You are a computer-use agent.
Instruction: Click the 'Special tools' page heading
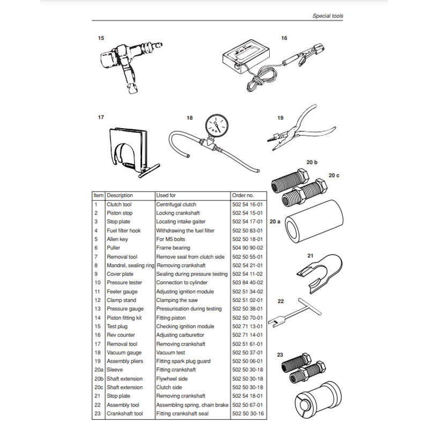coord(328,16)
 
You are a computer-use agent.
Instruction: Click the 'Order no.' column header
coord(242,196)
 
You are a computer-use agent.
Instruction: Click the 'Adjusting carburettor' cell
coord(180,335)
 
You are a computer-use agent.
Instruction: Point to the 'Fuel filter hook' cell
coord(124,231)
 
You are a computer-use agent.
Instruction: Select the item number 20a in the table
coord(98,370)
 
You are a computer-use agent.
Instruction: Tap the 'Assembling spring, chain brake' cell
coord(190,405)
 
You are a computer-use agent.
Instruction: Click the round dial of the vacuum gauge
coord(214,125)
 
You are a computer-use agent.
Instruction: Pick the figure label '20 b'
coord(312,162)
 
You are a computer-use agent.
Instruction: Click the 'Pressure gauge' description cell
coord(125,309)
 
